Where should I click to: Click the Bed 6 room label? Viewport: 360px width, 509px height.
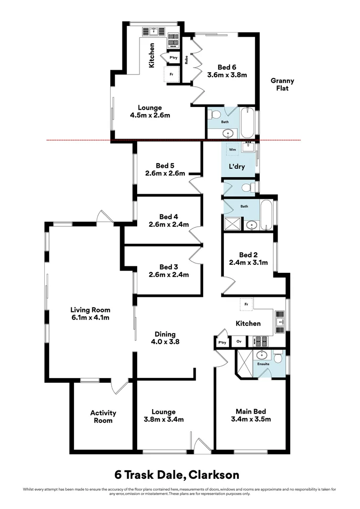tap(227, 67)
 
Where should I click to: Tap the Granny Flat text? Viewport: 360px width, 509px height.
tap(282, 84)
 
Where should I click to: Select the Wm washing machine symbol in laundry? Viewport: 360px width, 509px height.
tap(232, 149)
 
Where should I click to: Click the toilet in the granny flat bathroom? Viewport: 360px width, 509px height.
tap(215, 114)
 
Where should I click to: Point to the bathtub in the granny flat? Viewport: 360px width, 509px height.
tap(248, 123)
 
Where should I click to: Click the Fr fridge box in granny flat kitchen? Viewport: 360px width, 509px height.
tap(172, 74)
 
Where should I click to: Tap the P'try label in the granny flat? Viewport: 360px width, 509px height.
tap(173, 58)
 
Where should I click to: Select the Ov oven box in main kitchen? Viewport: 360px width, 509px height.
tap(239, 342)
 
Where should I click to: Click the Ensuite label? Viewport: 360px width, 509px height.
tap(263, 364)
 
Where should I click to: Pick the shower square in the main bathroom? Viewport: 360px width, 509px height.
tap(232, 224)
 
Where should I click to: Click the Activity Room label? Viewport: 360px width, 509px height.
tap(103, 417)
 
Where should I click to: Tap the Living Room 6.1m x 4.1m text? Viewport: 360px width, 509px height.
tap(90, 313)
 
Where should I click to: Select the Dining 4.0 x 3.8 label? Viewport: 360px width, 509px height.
tap(165, 337)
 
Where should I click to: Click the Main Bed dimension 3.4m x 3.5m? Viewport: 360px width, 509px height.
tap(251, 419)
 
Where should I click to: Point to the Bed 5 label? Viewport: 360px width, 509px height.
tap(165, 166)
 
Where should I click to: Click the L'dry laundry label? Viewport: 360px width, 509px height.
tap(237, 166)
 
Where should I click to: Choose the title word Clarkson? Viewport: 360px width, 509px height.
tap(214, 475)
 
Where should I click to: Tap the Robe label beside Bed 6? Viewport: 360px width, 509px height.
tap(186, 60)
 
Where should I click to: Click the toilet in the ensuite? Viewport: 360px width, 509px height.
tap(278, 356)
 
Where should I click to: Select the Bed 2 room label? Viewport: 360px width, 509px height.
tap(248, 255)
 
